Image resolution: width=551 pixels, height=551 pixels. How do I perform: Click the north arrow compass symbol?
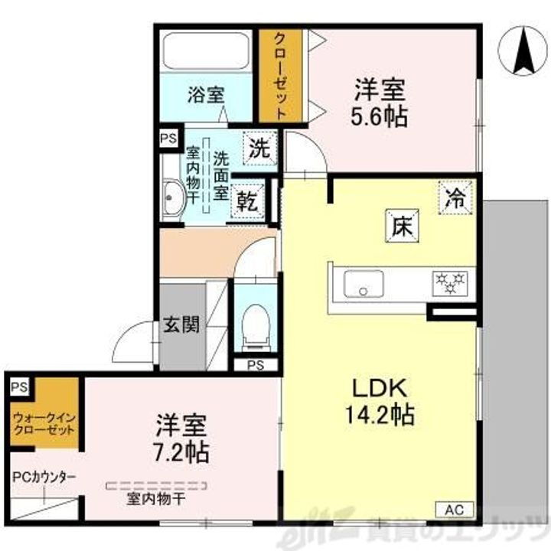point(523,51)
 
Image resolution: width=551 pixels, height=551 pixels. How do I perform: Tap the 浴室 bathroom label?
point(206,96)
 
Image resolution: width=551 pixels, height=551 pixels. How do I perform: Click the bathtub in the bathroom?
point(206,52)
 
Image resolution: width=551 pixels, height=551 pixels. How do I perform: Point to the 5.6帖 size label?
point(378,116)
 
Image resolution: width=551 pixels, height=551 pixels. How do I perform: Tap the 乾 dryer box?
point(246,201)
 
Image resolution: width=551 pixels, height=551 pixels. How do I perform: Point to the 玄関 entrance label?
point(181,325)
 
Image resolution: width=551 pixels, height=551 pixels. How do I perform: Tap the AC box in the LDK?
point(456,510)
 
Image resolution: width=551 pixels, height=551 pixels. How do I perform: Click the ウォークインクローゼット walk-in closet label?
point(43,423)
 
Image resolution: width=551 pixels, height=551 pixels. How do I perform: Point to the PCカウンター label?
point(43,477)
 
